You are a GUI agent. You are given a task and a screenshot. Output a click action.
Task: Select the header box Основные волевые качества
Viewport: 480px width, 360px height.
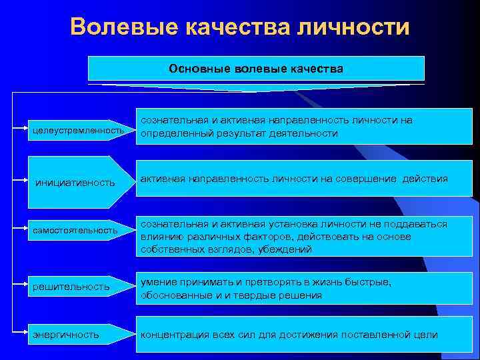pos(256,69)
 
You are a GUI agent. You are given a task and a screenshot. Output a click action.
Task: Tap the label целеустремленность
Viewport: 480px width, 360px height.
pos(78,129)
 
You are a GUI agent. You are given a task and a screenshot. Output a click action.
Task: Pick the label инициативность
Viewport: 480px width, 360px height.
pos(75,182)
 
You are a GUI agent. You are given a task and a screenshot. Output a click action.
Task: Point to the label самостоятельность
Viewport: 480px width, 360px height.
pos(75,230)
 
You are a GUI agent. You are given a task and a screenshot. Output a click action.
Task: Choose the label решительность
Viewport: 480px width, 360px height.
pos(71,286)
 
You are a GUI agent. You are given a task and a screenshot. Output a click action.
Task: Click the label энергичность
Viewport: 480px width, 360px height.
pos(67,334)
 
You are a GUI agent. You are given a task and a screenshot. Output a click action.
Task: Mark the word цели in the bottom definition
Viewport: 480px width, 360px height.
pos(425,334)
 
